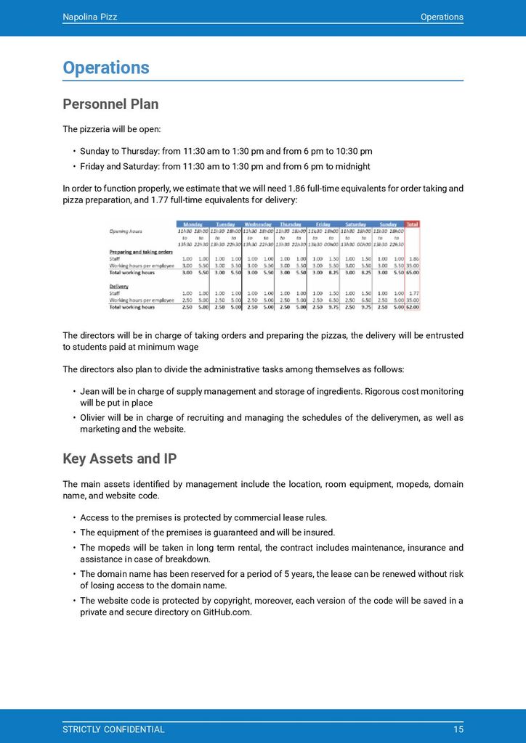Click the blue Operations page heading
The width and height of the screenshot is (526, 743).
pyautogui.click(x=106, y=67)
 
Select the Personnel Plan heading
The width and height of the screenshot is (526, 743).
pyautogui.click(x=110, y=104)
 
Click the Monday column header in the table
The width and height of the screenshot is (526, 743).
pyautogui.click(x=193, y=224)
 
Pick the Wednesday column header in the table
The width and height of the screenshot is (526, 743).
pyautogui.click(x=258, y=224)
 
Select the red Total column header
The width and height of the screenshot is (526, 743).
pyautogui.click(x=413, y=224)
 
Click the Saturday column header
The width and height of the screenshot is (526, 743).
pyautogui.click(x=355, y=224)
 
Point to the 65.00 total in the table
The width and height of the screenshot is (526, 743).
pyautogui.click(x=412, y=272)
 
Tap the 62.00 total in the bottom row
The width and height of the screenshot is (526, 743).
pyautogui.click(x=412, y=307)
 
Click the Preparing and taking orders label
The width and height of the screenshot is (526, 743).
pyautogui.click(x=141, y=251)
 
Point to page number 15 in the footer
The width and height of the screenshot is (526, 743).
pyautogui.click(x=458, y=729)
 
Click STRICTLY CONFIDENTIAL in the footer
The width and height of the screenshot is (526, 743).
pyautogui.click(x=113, y=729)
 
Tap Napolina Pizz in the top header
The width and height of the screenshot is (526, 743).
pyautogui.click(x=89, y=17)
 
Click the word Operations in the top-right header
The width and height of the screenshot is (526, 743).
pyautogui.click(x=442, y=17)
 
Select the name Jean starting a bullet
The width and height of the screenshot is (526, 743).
pyautogui.click(x=89, y=391)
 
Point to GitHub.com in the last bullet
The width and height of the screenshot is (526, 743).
pyautogui.click(x=227, y=612)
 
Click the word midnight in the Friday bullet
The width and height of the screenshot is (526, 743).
pyautogui.click(x=351, y=166)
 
